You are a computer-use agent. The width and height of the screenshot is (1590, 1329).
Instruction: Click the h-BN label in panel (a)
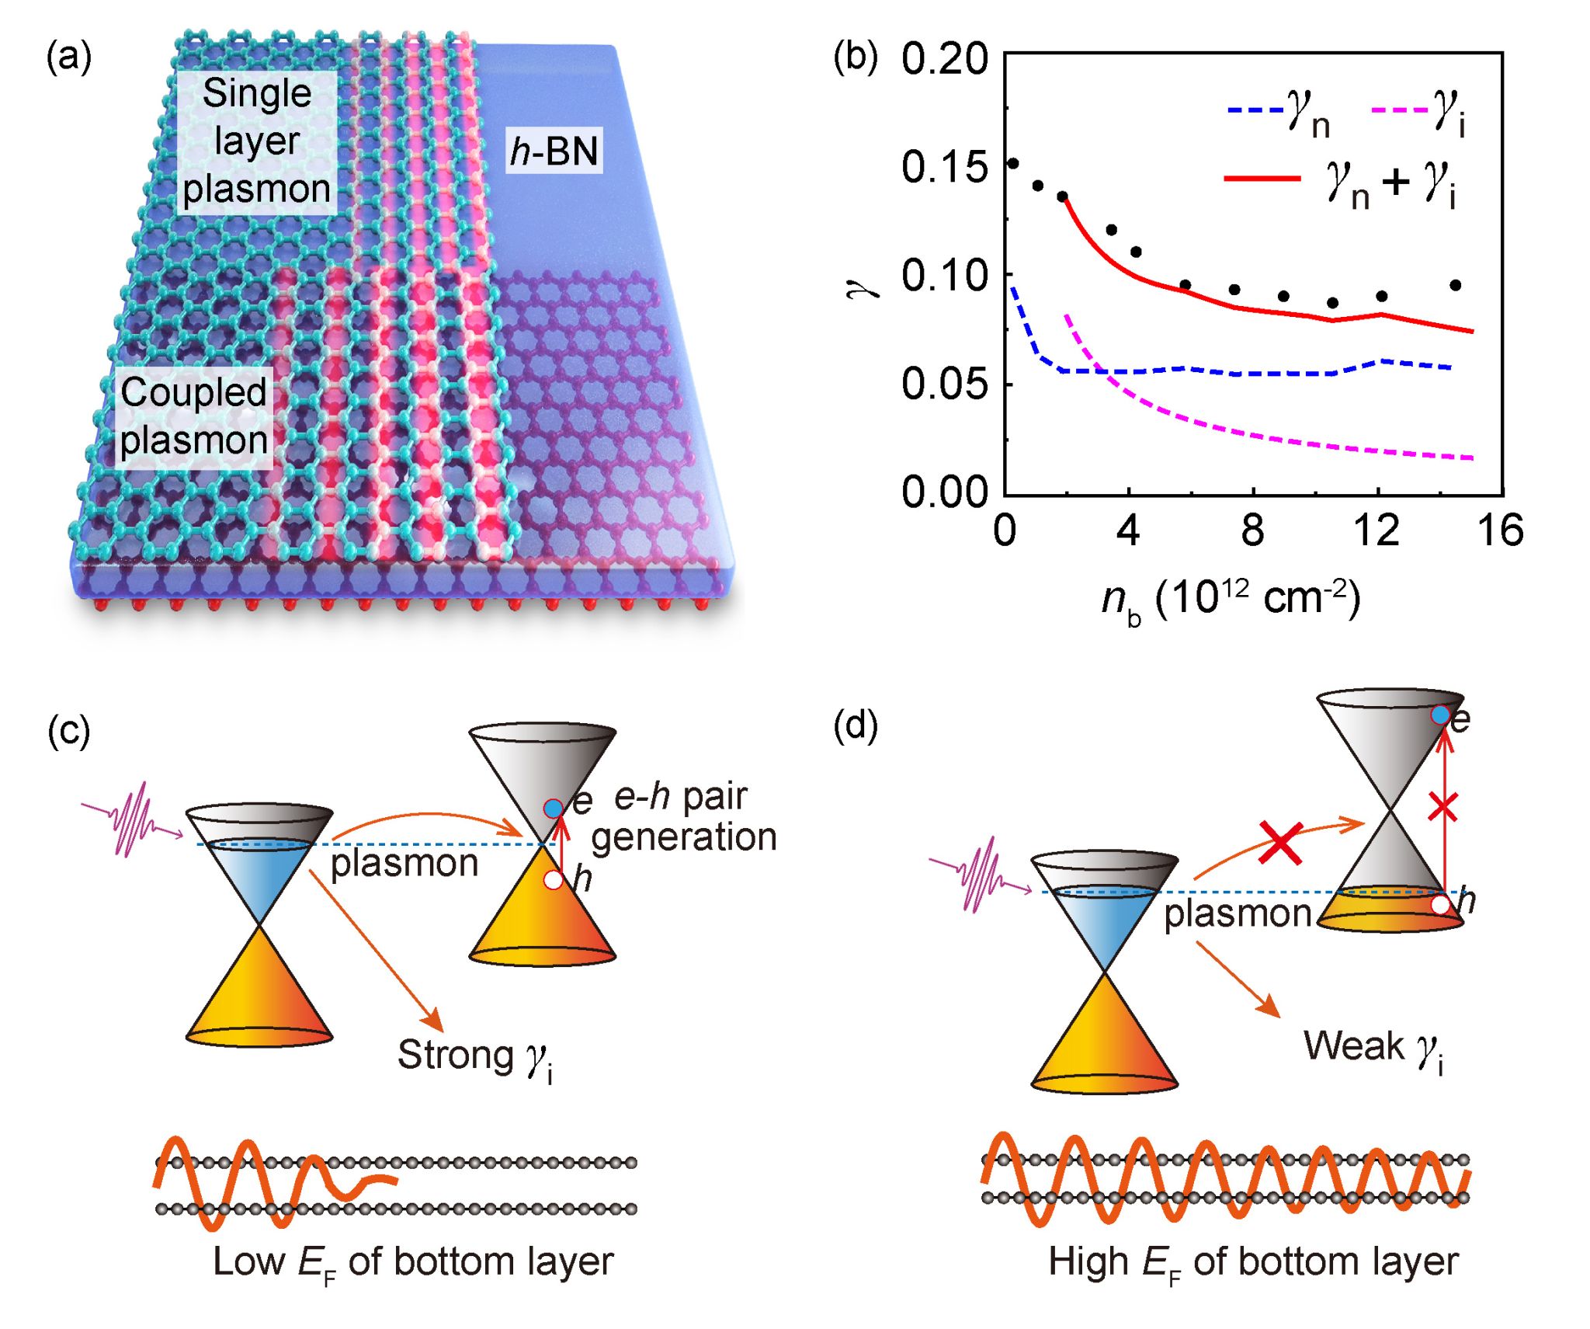[554, 150]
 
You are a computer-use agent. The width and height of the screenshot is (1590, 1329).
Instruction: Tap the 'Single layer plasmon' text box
[256, 141]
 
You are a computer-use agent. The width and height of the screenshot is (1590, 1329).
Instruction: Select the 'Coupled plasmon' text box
[193, 416]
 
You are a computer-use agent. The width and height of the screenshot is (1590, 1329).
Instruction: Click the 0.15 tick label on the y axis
[944, 166]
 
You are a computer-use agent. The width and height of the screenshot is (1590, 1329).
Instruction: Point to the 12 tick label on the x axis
[1376, 531]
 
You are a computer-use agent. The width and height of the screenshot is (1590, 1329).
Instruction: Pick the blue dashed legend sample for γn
[1255, 110]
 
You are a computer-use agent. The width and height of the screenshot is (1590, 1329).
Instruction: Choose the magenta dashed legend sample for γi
[1400, 110]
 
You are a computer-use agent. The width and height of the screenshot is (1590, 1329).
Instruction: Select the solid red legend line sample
[1262, 179]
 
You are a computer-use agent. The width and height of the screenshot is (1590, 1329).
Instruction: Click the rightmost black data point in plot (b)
[1455, 285]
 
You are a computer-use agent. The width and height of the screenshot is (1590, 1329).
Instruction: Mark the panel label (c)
[69, 731]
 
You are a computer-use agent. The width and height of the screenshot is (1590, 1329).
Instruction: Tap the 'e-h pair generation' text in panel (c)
[683, 817]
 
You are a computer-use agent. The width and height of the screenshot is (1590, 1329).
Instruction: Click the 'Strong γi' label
[475, 1057]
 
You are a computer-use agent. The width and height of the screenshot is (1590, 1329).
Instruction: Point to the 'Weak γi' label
[1373, 1048]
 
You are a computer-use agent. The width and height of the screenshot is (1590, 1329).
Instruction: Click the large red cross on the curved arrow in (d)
[1280, 842]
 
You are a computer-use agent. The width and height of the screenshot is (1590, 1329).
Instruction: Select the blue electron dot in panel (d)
[1439, 715]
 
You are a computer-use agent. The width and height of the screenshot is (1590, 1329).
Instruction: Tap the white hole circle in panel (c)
[553, 880]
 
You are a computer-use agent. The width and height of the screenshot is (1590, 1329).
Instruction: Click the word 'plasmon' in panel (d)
[1238, 913]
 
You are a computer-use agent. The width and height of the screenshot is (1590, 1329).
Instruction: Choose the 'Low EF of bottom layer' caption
[413, 1262]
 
